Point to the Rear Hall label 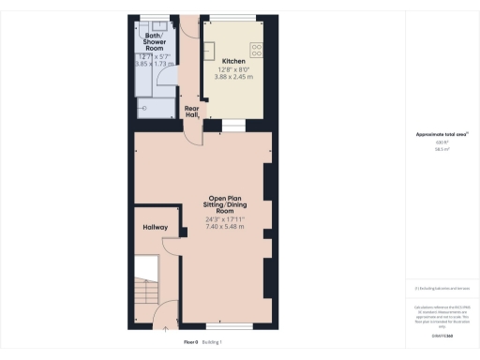[192, 111]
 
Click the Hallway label [155, 227]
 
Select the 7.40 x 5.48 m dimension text [225, 227]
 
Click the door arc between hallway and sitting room [172, 246]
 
